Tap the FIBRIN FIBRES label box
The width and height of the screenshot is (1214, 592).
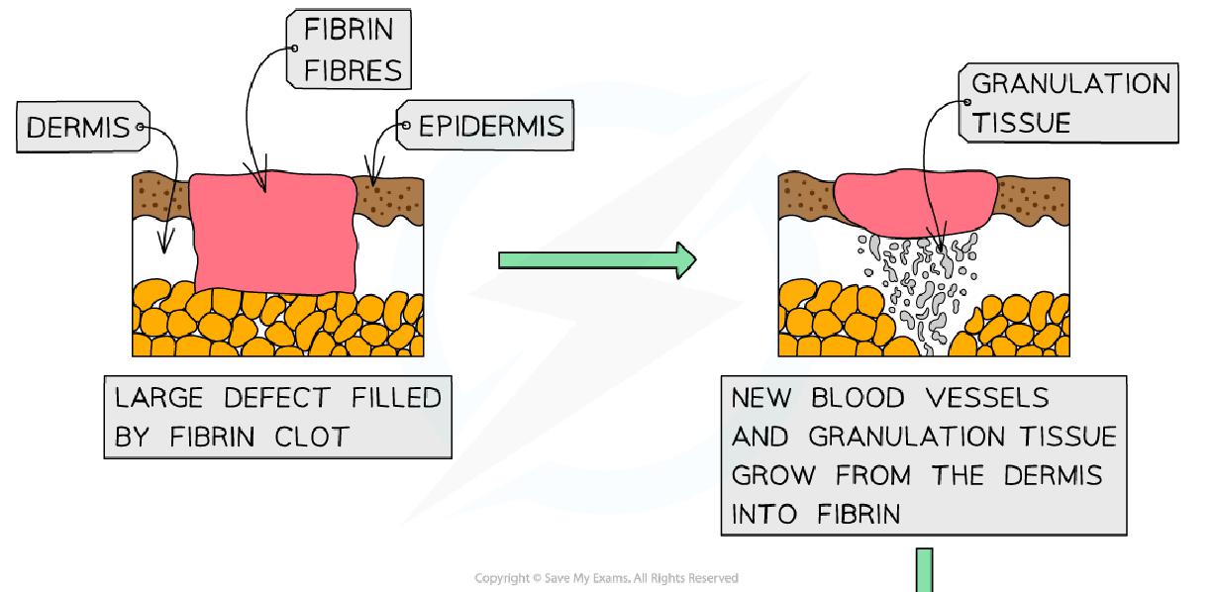(349, 49)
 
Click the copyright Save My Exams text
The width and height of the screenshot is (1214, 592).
(606, 578)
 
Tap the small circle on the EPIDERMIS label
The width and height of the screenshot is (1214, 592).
(404, 127)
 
